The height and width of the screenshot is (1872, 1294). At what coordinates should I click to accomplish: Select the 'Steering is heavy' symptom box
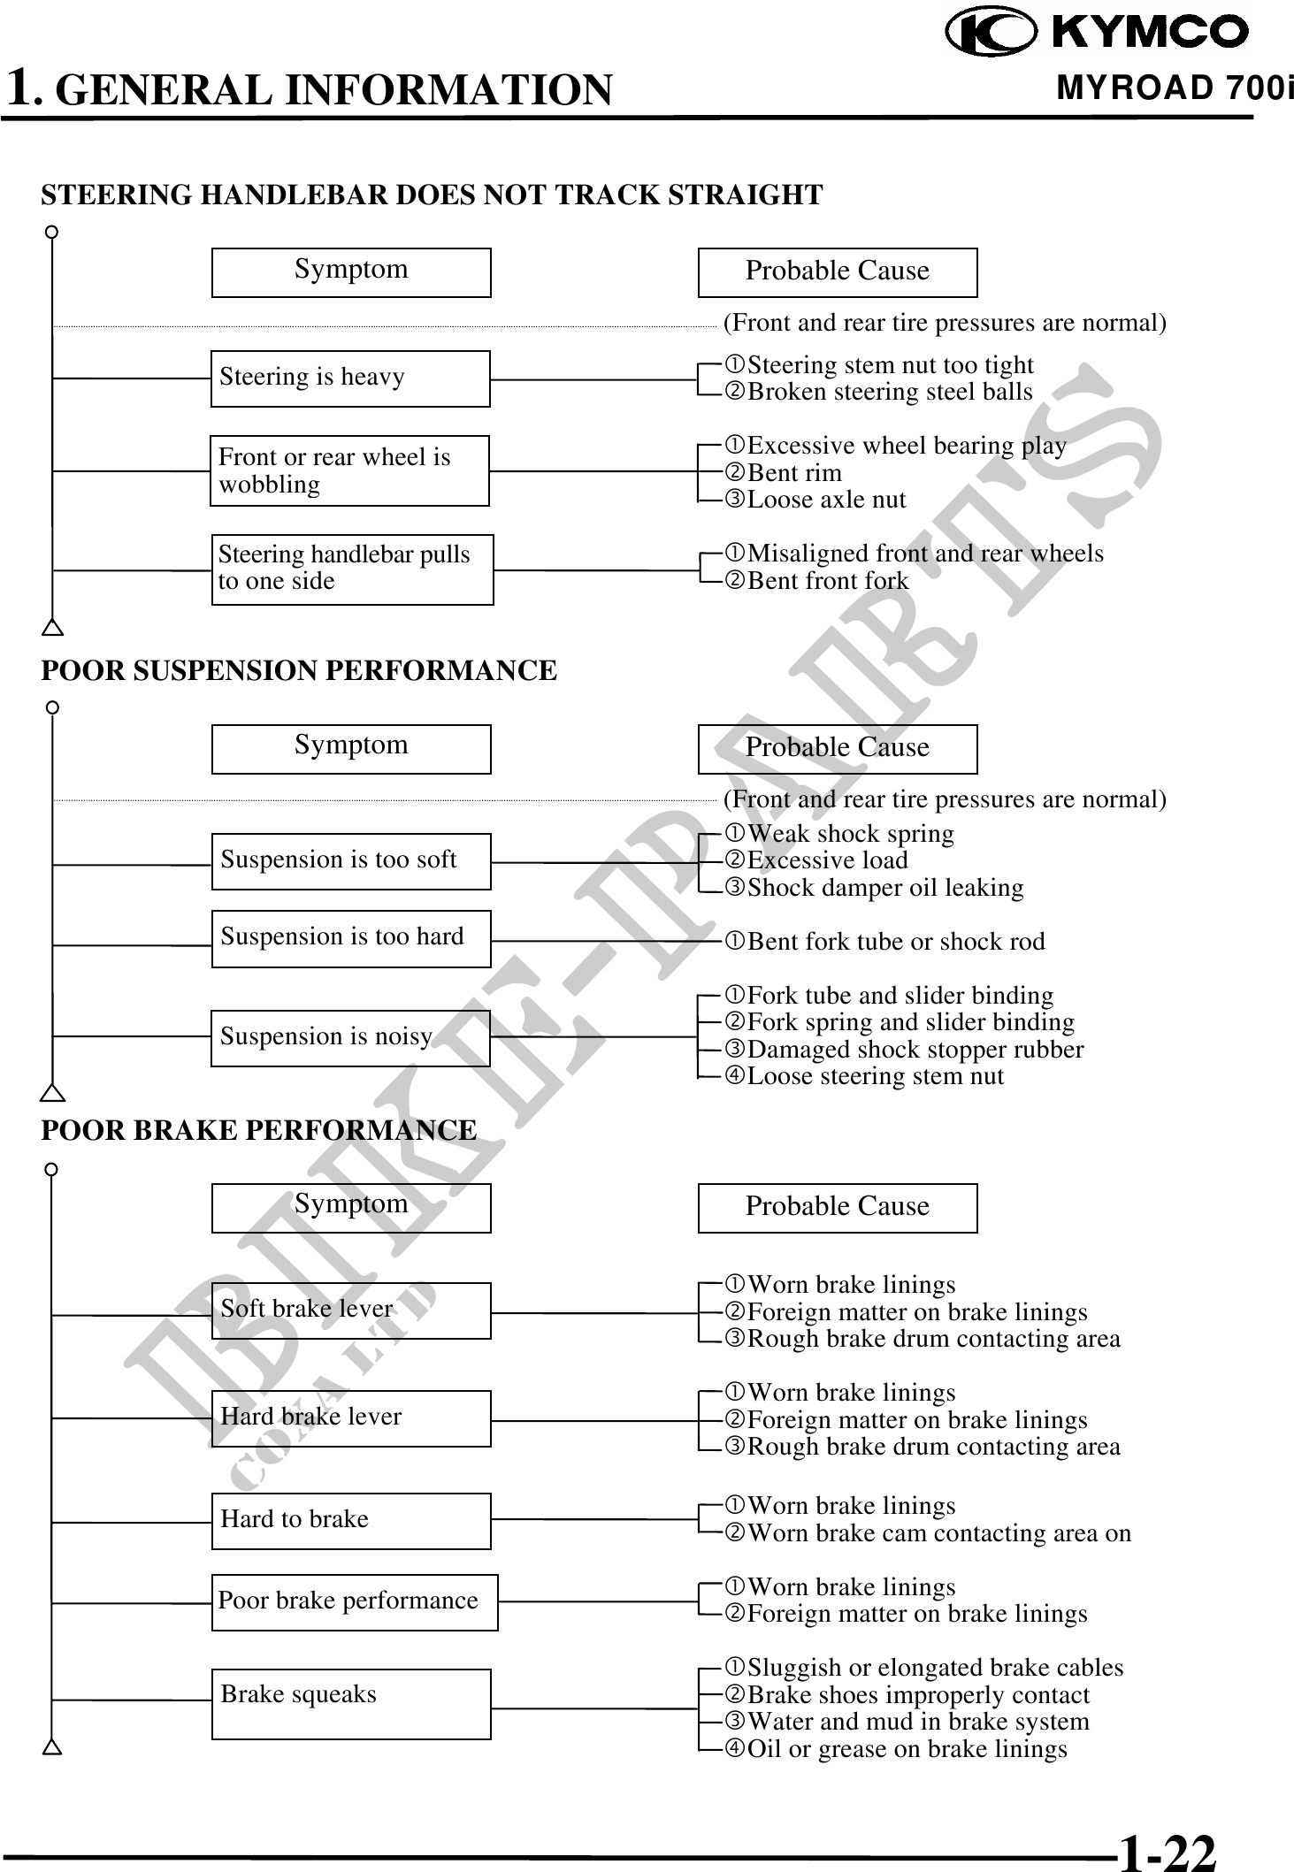tap(350, 378)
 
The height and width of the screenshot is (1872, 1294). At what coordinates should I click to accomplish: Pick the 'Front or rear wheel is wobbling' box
tap(349, 470)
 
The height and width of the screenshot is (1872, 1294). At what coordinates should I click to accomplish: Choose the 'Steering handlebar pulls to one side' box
tap(352, 569)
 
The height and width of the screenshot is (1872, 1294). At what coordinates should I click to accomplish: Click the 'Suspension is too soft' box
tap(351, 861)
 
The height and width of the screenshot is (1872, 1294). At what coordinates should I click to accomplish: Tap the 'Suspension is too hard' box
tap(351, 938)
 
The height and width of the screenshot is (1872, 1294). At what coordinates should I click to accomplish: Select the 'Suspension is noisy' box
tap(351, 1037)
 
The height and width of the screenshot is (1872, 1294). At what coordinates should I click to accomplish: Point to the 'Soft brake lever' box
tap(351, 1310)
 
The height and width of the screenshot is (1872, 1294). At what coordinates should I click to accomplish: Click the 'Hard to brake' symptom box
tap(351, 1521)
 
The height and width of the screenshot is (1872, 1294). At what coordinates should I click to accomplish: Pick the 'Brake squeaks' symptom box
tap(351, 1704)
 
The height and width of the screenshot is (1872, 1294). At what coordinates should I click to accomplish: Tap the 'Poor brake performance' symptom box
tap(355, 1602)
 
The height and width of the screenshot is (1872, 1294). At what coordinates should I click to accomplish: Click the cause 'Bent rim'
tap(794, 473)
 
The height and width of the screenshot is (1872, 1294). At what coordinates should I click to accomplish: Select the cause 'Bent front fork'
tap(827, 581)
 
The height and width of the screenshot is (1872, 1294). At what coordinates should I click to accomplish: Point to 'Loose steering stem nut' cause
tap(875, 1076)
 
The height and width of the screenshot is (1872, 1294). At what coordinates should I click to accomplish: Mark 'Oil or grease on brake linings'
tap(907, 1749)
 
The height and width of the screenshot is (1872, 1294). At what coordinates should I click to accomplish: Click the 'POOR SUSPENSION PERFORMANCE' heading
tap(299, 670)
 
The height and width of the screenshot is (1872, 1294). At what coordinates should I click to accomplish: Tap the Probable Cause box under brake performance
tap(838, 1208)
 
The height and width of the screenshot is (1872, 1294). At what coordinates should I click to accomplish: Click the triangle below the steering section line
tap(53, 629)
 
